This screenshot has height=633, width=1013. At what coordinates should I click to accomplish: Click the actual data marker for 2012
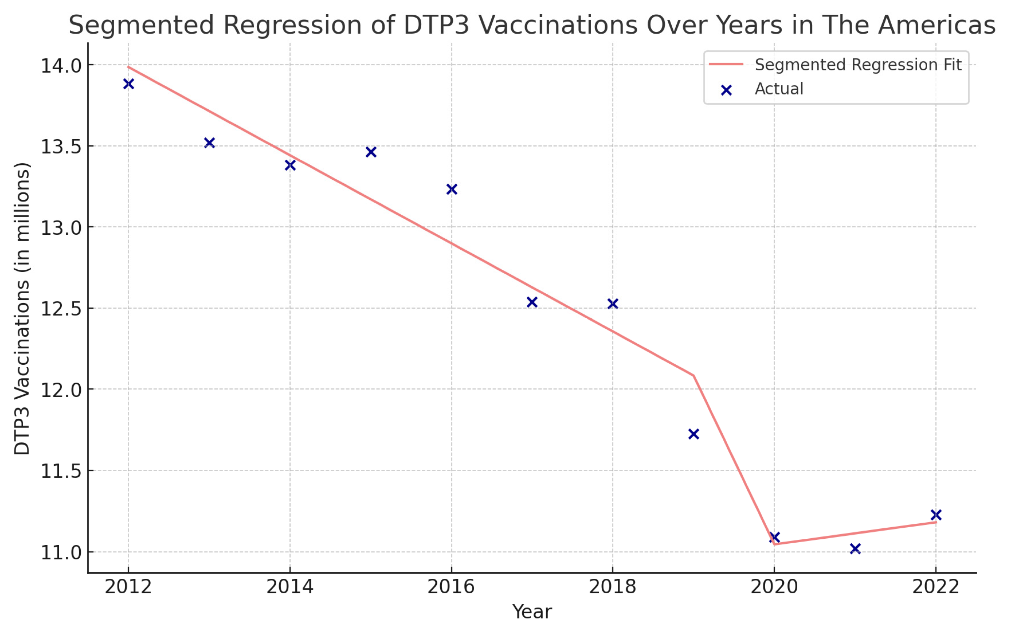point(129,84)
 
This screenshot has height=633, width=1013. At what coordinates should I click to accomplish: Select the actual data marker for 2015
point(371,151)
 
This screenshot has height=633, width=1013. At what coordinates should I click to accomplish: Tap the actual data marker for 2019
point(693,434)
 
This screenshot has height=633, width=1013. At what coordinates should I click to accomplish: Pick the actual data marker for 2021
point(855,548)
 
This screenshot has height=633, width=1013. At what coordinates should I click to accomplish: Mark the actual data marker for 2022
point(936,514)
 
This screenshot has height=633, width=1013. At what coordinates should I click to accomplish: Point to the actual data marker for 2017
point(532,302)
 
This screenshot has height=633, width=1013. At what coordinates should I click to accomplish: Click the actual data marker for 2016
point(451,189)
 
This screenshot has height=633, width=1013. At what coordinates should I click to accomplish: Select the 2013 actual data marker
point(209,143)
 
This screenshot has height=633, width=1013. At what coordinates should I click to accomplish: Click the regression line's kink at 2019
point(693,375)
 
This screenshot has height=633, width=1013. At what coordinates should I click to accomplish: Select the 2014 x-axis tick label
point(290,587)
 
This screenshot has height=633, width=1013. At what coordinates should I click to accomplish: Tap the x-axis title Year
point(532,612)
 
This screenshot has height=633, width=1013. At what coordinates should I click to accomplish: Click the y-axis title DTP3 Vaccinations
point(22,309)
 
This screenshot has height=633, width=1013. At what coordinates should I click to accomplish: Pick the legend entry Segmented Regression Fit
point(858,65)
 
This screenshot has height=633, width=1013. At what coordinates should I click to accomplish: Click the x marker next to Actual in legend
point(726,90)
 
